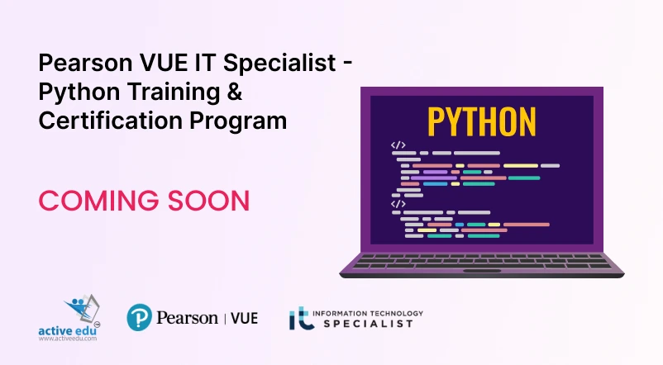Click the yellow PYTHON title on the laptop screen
pyautogui.click(x=481, y=121)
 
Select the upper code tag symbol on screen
pyautogui.click(x=398, y=145)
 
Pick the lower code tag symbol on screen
pyautogui.click(x=398, y=203)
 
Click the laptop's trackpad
pyautogui.click(x=481, y=272)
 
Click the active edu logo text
pyautogui.click(x=69, y=329)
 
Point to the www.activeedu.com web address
pyautogui.click(x=69, y=339)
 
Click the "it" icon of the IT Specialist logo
pyautogui.click(x=300, y=319)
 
